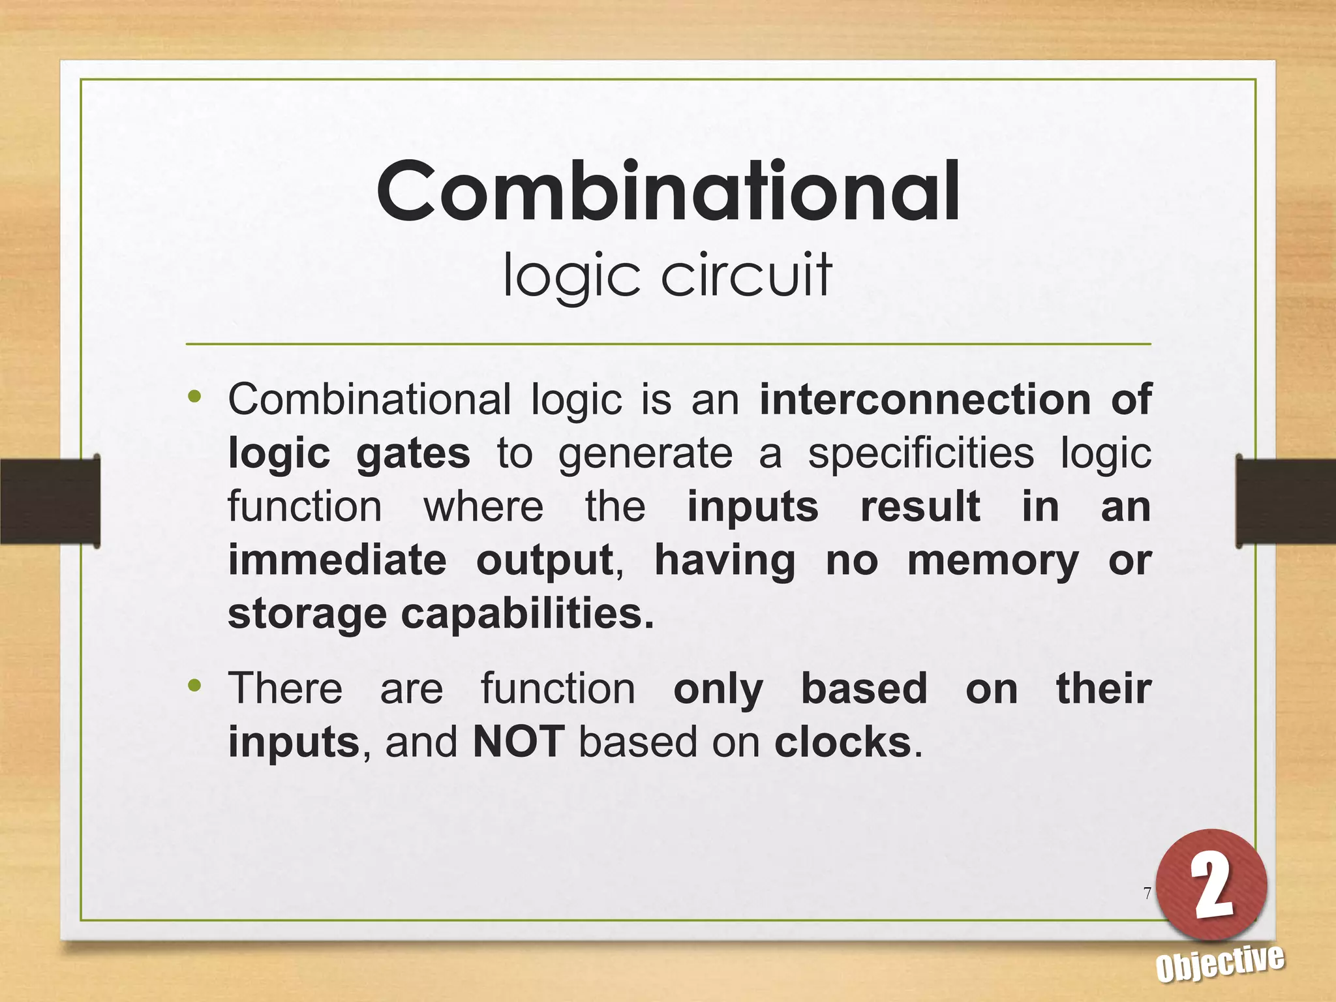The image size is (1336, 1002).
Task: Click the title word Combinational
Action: (x=668, y=192)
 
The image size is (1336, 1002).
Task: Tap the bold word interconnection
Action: (x=924, y=399)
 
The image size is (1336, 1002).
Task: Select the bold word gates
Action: (x=413, y=453)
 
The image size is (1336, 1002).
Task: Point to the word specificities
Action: (x=920, y=453)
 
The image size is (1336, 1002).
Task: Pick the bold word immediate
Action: (x=337, y=560)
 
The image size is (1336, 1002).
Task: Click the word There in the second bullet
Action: (x=285, y=689)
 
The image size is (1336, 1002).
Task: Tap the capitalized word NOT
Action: (x=519, y=742)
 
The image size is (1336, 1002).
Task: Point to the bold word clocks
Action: (x=843, y=742)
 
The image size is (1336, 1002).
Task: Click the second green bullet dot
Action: (x=194, y=686)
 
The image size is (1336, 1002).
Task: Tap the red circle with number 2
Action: (x=1211, y=885)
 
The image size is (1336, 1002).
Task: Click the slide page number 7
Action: (x=1147, y=893)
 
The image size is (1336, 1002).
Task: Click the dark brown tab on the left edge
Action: (x=50, y=501)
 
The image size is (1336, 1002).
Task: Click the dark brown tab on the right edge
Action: (x=1285, y=501)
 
